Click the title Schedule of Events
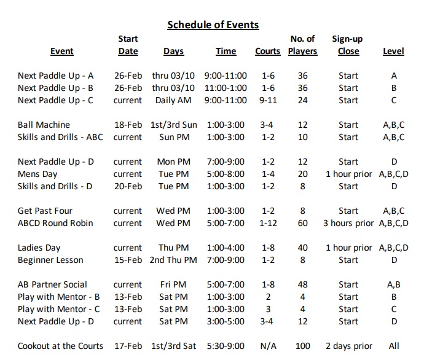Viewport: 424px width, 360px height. [x=213, y=25]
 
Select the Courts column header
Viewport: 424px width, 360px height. [x=267, y=52]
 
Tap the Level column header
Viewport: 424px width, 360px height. [x=393, y=52]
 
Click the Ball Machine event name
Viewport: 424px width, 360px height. [x=44, y=125]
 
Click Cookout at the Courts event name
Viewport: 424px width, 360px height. [x=60, y=346]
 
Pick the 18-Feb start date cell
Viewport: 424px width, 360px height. [x=128, y=125]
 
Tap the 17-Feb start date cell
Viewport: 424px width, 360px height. [x=128, y=346]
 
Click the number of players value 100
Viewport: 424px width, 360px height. [x=302, y=346]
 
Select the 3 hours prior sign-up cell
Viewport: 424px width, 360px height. [x=348, y=223]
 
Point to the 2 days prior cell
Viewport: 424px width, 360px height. [x=348, y=346]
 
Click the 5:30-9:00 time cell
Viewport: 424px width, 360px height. [x=226, y=346]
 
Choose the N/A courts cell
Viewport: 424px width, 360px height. [x=268, y=346]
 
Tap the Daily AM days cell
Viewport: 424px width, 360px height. [x=174, y=100]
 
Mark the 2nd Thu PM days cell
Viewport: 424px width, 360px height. [x=174, y=260]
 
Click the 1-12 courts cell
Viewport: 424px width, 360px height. [x=268, y=223]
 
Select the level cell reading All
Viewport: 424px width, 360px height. [x=394, y=346]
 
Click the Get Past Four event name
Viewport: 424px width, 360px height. [x=45, y=211]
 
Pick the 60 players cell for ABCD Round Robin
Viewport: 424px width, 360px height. [x=302, y=223]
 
